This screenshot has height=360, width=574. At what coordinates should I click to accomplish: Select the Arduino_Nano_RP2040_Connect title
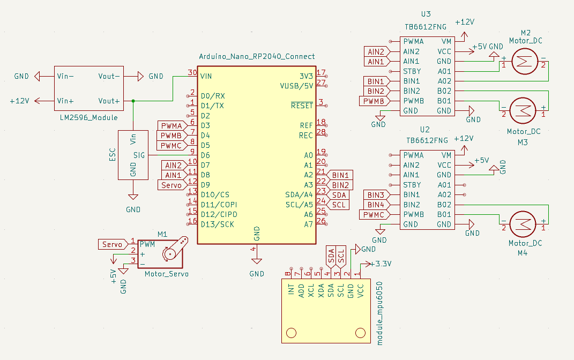click(x=257, y=56)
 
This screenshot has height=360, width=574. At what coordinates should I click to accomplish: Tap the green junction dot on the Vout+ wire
click(x=133, y=101)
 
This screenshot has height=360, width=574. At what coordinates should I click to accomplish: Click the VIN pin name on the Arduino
click(x=206, y=76)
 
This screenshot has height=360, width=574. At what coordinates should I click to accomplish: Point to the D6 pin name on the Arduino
click(x=205, y=155)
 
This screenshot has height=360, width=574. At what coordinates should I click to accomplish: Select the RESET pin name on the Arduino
click(x=302, y=106)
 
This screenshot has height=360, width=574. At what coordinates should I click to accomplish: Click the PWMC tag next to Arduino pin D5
click(x=171, y=145)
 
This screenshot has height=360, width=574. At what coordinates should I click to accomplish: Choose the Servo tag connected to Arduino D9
click(x=171, y=185)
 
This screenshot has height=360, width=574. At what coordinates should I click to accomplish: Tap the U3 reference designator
click(x=426, y=14)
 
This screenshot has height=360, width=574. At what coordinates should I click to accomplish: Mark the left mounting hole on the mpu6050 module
click(x=292, y=333)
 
